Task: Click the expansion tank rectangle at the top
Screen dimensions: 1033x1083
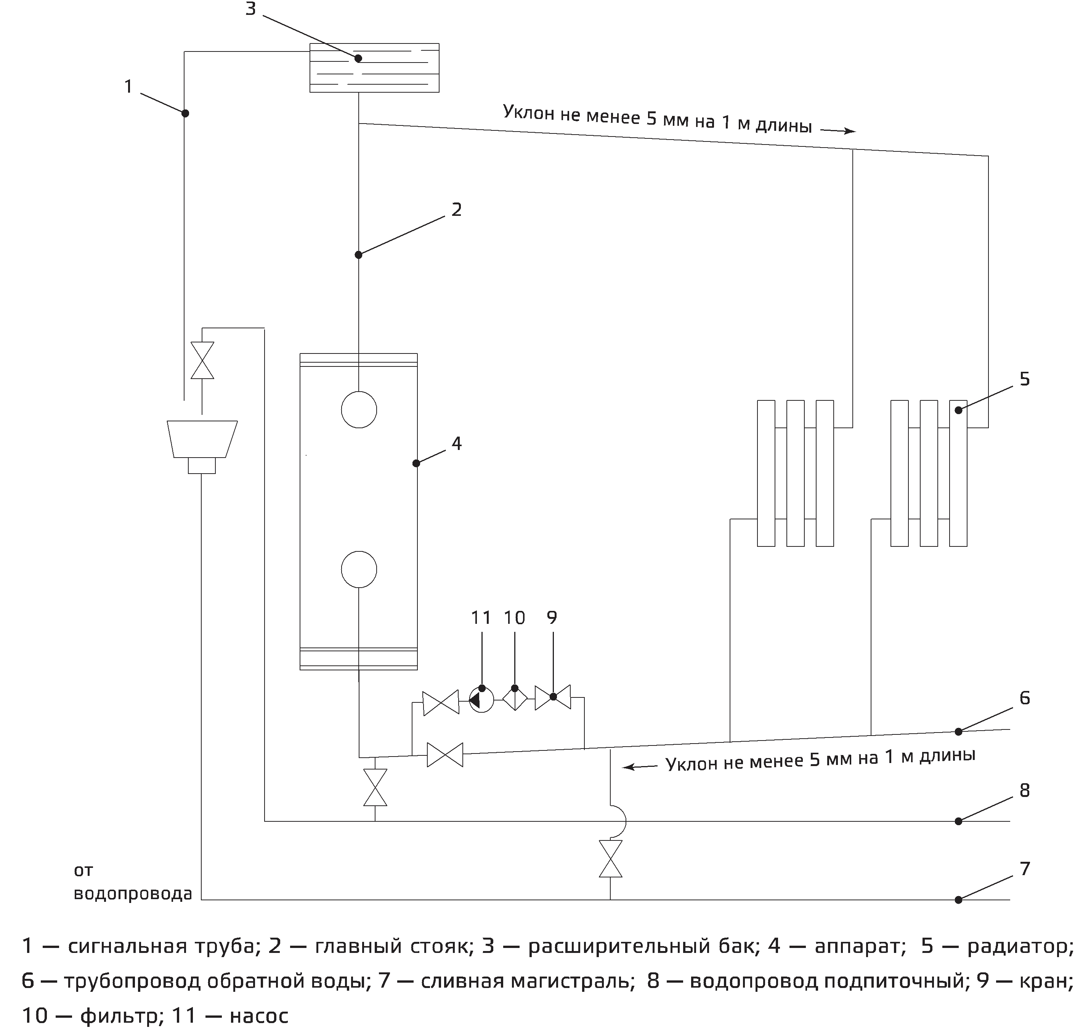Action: pos(374,68)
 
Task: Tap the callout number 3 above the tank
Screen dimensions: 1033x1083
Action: pos(250,10)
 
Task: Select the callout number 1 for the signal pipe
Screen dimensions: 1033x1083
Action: pos(128,87)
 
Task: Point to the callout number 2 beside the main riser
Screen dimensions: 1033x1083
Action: pos(456,210)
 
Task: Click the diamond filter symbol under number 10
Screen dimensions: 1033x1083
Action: pos(515,699)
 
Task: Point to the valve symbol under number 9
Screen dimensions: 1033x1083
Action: pos(553,698)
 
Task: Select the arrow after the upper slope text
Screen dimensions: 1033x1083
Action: pos(838,130)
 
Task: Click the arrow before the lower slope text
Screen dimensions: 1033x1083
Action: pos(640,766)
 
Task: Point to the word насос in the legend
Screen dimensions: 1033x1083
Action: pos(259,1015)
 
